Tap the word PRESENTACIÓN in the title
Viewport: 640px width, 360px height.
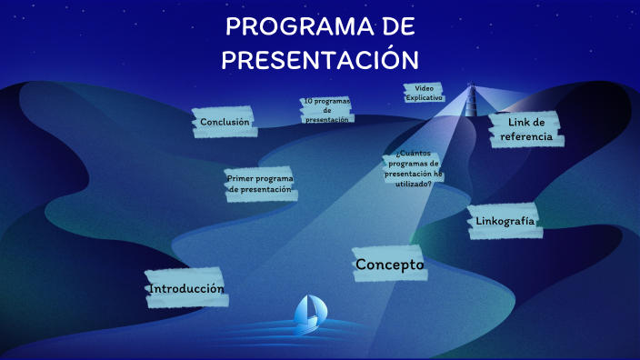point(320,59)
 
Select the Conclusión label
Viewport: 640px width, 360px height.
point(225,122)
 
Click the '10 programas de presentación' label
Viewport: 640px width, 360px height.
point(327,110)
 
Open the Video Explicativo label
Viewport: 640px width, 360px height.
point(424,93)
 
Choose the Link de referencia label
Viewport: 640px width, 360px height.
point(525,129)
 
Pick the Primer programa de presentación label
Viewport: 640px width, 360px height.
point(261,184)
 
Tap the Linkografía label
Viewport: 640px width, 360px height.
point(505,221)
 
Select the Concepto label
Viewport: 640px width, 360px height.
point(390,265)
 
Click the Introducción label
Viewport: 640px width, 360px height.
point(185,288)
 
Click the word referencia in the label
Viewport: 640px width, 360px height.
point(525,136)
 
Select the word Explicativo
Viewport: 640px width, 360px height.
point(424,96)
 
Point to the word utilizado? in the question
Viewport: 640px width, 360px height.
point(413,183)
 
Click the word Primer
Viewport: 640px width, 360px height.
point(240,178)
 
